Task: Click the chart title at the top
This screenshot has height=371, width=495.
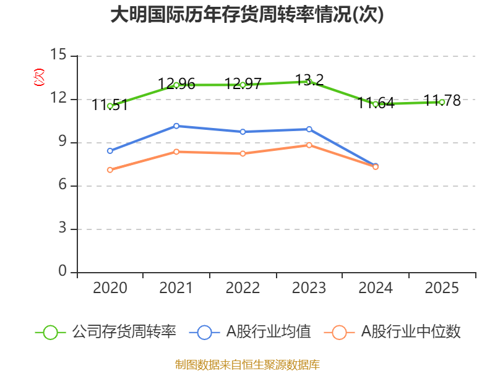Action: click(x=247, y=15)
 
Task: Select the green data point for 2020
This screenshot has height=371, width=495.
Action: click(x=110, y=106)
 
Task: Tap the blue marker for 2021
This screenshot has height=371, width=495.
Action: click(x=176, y=126)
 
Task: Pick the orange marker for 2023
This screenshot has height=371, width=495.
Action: click(x=309, y=145)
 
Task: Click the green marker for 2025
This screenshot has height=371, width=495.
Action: click(x=442, y=102)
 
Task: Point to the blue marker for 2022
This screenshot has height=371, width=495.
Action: click(x=243, y=132)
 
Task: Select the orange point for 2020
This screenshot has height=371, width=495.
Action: click(x=110, y=170)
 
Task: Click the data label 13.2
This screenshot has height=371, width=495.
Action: click(x=309, y=80)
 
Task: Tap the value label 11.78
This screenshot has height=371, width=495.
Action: click(x=442, y=101)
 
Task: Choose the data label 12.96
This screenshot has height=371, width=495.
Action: click(x=176, y=84)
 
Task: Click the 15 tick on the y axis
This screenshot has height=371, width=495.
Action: click(x=58, y=54)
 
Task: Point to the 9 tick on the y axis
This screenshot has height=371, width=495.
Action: click(x=62, y=142)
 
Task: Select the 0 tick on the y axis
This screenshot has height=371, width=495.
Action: click(x=62, y=271)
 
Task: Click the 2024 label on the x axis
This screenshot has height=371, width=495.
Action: click(x=376, y=288)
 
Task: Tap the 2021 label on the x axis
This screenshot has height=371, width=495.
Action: click(x=176, y=288)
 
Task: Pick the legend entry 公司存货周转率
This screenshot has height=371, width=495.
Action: click(x=106, y=332)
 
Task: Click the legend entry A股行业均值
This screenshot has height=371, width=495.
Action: click(x=251, y=332)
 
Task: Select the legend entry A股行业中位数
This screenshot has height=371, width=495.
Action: click(x=392, y=332)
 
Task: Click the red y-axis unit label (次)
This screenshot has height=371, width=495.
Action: click(x=39, y=77)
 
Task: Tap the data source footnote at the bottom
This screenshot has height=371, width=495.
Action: click(x=247, y=365)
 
